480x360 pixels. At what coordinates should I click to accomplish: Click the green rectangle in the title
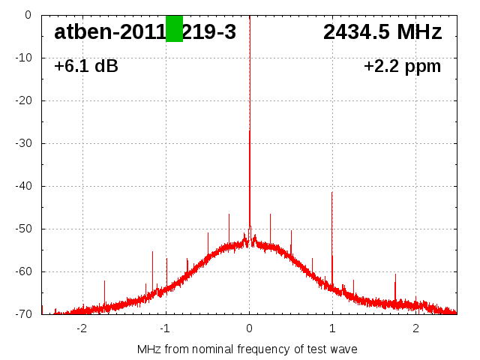tap(174, 28)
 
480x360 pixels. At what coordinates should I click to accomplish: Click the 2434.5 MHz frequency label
tap(382, 32)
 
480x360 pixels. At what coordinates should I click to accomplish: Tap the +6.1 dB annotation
tap(86, 67)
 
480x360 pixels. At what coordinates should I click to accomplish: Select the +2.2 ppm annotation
tap(403, 67)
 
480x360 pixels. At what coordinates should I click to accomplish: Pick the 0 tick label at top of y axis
tap(28, 15)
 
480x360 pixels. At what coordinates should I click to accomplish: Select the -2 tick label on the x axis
tap(82, 328)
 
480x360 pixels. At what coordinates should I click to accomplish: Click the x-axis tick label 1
tap(332, 328)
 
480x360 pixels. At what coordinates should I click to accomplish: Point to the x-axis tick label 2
tap(415, 328)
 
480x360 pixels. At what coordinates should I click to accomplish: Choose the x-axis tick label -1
tap(165, 328)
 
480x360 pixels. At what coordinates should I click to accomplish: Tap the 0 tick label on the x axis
tap(249, 328)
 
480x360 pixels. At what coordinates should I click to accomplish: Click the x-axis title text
tap(247, 349)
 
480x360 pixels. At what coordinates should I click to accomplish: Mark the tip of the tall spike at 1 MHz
tap(332, 192)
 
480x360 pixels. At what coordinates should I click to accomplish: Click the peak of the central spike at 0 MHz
tap(250, 130)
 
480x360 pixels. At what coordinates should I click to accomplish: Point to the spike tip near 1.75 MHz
tap(395, 274)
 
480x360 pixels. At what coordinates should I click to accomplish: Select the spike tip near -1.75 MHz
tap(104, 280)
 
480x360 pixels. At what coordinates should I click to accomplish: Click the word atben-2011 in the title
tap(109, 32)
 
